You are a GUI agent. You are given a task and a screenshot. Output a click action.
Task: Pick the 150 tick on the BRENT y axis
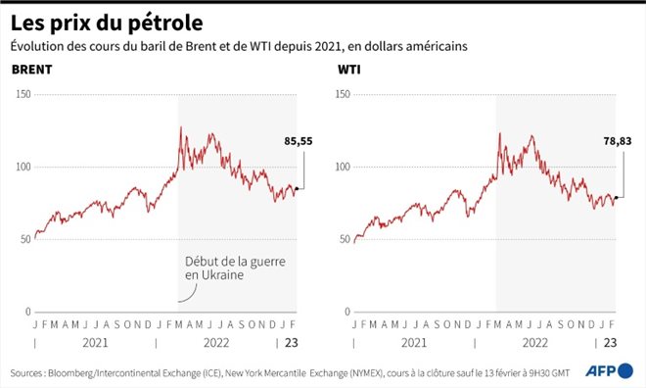click(x=23, y=95)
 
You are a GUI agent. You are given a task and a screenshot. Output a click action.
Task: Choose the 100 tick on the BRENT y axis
click(x=23, y=168)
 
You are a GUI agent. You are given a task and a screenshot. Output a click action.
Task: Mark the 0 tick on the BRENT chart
click(x=28, y=313)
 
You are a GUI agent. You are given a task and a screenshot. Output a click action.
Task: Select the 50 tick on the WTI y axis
click(x=345, y=240)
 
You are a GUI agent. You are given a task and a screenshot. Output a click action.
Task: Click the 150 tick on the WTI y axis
click(x=343, y=95)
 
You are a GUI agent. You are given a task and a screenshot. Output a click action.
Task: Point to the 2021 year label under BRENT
click(x=94, y=343)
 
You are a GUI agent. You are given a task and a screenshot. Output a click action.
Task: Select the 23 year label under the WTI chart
click(x=609, y=343)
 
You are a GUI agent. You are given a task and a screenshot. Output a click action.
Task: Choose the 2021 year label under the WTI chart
click(x=412, y=343)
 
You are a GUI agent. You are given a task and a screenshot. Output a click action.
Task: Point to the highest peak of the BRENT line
click(x=180, y=127)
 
